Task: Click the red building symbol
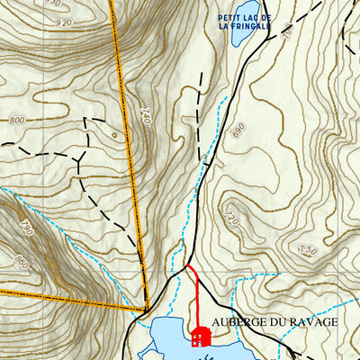coord(202,337)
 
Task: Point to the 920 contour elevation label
coord(63,22)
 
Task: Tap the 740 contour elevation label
coord(146,115)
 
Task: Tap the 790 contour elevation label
coord(24,229)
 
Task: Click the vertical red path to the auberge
coord(197,301)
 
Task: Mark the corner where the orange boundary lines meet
coord(145,310)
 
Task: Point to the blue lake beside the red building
coord(171,337)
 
